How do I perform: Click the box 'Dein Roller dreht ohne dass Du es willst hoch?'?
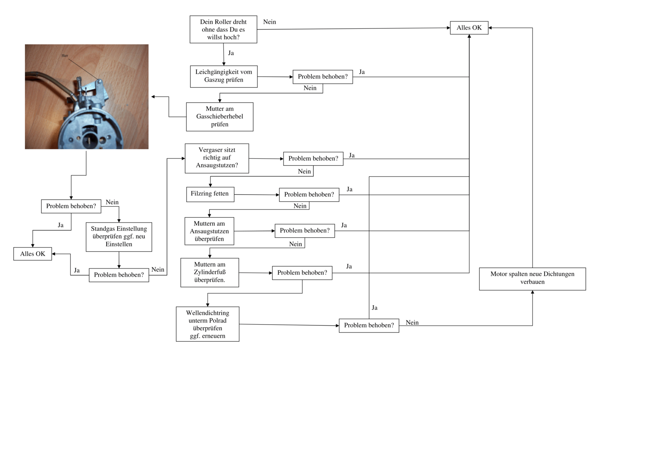tap(223, 30)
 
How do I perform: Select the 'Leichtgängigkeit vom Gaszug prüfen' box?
tap(224, 76)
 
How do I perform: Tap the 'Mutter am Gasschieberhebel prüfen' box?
tap(219, 117)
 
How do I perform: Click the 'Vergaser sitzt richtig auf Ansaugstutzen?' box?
tap(217, 158)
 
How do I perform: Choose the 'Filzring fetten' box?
tap(210, 194)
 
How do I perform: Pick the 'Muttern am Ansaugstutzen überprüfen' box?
tap(209, 231)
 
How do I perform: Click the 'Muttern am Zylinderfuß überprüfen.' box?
tap(209, 272)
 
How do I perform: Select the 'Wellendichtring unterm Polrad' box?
tap(207, 324)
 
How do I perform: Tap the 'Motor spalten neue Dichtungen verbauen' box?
tap(532, 278)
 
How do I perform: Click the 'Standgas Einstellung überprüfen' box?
tap(119, 237)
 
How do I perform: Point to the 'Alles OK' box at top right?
tap(469, 28)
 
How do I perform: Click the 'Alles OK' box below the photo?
tap(33, 254)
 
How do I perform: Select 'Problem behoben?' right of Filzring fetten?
tap(309, 195)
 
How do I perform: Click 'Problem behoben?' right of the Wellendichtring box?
tap(369, 325)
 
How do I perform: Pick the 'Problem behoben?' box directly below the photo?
tap(71, 206)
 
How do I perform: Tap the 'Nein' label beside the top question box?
tap(269, 22)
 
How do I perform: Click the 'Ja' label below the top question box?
tap(231, 53)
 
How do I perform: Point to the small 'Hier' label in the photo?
tap(65, 56)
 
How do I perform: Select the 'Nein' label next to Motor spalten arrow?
tap(412, 323)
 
